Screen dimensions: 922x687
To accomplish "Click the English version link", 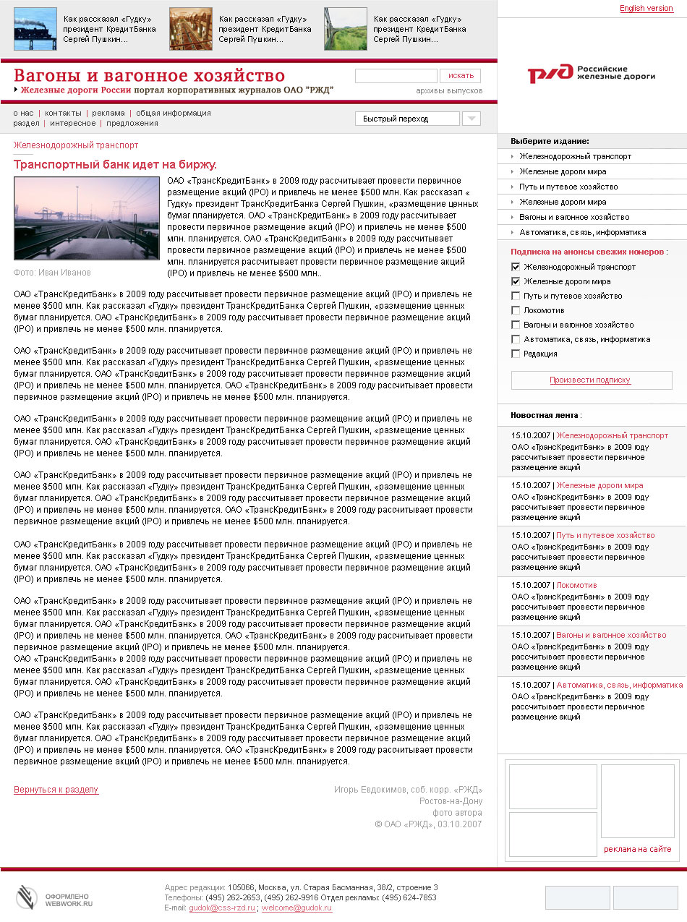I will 646,9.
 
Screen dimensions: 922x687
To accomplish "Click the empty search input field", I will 396,76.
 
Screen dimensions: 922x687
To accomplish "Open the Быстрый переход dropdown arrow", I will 471,119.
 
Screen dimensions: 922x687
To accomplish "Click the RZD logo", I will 591,73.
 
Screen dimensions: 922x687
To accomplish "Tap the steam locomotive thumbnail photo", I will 35,29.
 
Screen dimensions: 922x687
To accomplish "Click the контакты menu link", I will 63,113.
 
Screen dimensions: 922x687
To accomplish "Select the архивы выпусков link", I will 449,91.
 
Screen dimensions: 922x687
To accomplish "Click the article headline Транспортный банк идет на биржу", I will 115,165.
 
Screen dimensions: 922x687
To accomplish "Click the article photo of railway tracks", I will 86,218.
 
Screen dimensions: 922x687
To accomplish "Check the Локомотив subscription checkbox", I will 516,310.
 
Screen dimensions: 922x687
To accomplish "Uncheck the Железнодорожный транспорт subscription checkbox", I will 516,267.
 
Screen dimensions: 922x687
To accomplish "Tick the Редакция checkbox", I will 516,354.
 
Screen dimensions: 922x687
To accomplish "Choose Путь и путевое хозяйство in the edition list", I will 568,187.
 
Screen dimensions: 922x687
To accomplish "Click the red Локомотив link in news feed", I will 576,585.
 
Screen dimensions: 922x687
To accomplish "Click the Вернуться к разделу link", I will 56,790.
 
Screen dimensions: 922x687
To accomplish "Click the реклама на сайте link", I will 637,849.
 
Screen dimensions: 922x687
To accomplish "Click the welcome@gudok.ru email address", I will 296,908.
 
